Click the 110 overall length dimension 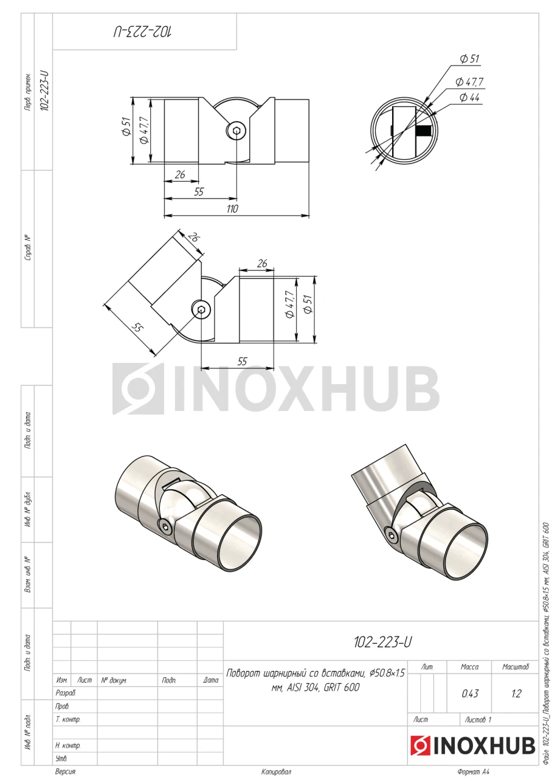pos(232,208)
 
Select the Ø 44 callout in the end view pos(469,97)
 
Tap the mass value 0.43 pos(470,694)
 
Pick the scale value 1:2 pos(516,694)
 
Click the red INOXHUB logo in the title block pos(473,745)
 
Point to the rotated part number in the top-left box pos(143,32)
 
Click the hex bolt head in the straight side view pos(236,131)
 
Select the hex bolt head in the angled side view pos(201,309)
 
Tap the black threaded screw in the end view pos(424,131)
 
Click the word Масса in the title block pos(470,667)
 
